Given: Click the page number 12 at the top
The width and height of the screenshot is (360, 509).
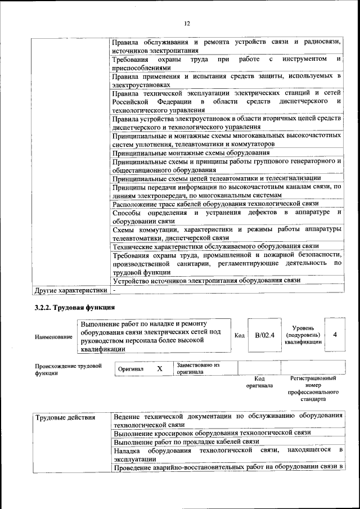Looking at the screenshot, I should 187,23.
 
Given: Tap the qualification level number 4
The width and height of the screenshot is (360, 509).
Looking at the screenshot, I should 335,335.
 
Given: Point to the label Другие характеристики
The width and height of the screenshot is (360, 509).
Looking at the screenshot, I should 70,290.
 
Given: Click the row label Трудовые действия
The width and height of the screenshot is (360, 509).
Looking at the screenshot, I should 65,417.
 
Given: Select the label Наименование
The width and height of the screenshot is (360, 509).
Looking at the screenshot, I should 53,336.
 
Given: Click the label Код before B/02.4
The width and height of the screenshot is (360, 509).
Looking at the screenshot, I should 239,335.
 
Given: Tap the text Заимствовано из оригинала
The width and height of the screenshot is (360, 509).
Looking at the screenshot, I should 197,368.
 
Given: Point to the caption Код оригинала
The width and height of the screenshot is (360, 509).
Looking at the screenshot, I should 259,382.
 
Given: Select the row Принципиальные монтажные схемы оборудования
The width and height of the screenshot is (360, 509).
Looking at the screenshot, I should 190,153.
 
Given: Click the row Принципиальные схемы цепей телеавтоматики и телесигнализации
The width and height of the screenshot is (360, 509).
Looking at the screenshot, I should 217,178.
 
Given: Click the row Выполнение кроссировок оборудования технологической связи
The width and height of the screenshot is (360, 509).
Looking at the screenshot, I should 211,433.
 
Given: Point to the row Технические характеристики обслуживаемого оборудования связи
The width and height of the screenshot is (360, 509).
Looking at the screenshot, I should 215,246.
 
